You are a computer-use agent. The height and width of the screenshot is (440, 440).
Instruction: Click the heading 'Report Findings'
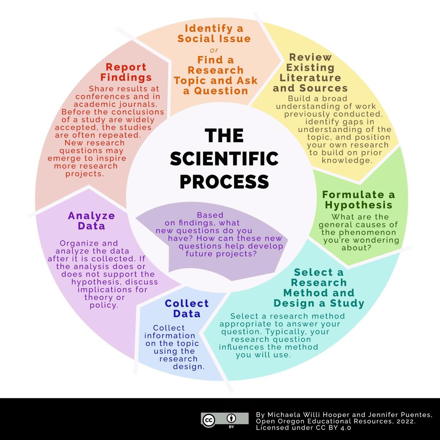pyautogui.click(x=126, y=72)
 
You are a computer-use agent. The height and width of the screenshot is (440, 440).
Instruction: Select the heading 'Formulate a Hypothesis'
pyautogui.click(x=359, y=200)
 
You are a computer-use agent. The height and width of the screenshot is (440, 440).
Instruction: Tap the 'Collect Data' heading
pyautogui.click(x=187, y=308)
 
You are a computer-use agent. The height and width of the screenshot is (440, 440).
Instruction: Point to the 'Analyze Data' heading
pyautogui.click(x=91, y=221)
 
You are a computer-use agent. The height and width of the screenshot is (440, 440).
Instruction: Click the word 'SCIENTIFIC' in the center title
pyautogui.click(x=224, y=158)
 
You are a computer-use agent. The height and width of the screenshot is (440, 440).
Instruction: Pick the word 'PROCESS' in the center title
pyautogui.click(x=224, y=182)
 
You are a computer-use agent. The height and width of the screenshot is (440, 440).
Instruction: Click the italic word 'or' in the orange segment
pyautogui.click(x=214, y=50)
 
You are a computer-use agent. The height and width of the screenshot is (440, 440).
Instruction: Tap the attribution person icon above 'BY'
pyautogui.click(x=231, y=418)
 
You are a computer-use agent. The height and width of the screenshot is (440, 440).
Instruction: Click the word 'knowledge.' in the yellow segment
pyautogui.click(x=347, y=160)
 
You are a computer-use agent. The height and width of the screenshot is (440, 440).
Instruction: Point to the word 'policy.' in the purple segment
pyautogui.click(x=104, y=305)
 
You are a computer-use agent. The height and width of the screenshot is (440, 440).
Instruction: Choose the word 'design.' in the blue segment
pyautogui.click(x=189, y=367)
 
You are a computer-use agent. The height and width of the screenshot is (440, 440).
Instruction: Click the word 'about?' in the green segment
pyautogui.click(x=356, y=248)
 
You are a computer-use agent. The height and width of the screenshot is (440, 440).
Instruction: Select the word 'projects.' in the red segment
pyautogui.click(x=85, y=174)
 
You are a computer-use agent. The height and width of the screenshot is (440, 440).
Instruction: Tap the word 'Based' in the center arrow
pyautogui.click(x=210, y=215)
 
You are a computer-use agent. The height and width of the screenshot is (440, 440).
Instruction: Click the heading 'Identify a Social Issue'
pyautogui.click(x=214, y=34)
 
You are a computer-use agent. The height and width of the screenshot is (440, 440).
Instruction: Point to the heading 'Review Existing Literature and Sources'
pyautogui.click(x=310, y=73)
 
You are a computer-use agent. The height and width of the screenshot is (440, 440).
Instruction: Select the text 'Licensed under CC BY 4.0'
pyautogui.click(x=304, y=428)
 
